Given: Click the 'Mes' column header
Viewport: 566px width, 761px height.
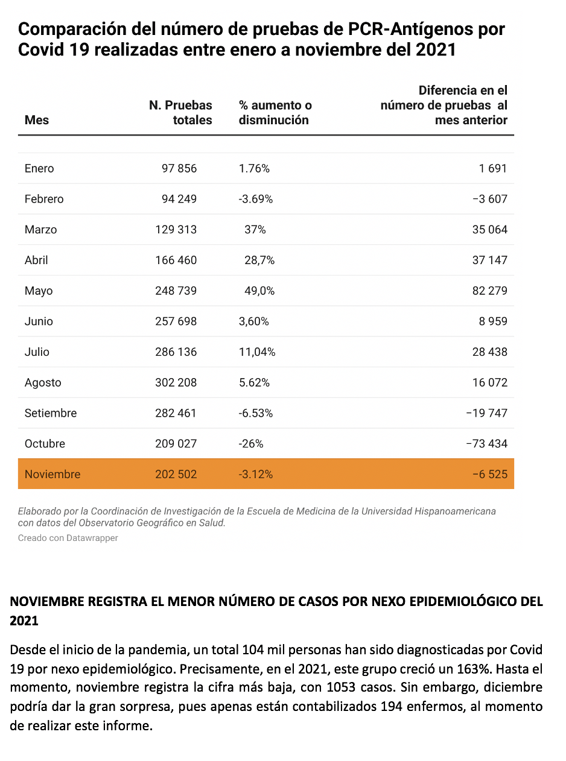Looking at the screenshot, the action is coord(37,120).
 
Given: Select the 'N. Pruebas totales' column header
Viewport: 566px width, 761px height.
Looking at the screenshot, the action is coord(180,113).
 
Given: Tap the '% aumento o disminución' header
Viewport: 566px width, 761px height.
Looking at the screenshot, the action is coord(275,113).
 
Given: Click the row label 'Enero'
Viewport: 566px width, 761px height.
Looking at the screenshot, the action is coord(39,168).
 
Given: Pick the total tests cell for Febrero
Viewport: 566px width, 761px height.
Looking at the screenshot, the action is coord(179,199).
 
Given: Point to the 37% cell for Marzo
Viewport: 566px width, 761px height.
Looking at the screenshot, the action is coord(255,230).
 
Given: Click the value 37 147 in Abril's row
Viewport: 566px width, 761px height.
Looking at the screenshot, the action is coord(490,260).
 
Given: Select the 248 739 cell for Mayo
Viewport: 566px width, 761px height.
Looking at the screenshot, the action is coord(176,291).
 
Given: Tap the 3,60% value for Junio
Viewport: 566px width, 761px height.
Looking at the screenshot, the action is coord(254,321).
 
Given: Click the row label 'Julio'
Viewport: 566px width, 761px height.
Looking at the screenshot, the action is coord(37,352).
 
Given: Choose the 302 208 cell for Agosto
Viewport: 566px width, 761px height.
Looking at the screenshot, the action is coord(176,382).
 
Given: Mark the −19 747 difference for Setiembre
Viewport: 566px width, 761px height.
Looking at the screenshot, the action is coord(487,413).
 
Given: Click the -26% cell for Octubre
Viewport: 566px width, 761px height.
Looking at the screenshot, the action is coord(251,444).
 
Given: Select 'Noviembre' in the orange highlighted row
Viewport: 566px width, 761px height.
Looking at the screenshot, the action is coord(52,474).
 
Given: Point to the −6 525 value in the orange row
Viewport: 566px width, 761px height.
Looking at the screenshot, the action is coord(490,474).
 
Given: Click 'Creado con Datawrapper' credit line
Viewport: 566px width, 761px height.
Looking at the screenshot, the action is coord(68,538).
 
